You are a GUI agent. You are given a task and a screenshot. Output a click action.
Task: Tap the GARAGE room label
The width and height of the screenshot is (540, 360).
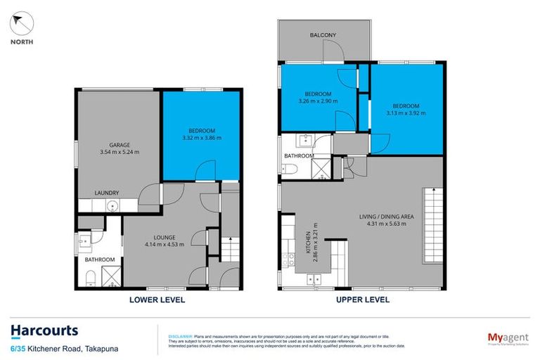coord(120,144)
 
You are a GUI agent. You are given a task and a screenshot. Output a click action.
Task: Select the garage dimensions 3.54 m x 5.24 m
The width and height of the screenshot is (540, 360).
coord(120,152)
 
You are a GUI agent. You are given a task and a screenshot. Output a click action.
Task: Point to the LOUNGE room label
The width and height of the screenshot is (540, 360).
coord(164,237)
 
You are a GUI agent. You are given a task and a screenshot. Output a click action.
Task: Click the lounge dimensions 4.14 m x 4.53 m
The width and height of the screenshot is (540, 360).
coord(164,245)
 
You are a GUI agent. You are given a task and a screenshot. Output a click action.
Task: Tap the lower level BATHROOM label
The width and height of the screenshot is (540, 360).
coord(99,259)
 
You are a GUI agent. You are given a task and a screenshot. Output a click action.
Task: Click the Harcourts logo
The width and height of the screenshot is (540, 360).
coord(44,330)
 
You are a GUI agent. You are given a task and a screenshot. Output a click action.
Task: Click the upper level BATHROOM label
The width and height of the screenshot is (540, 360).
coord(299,155)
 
